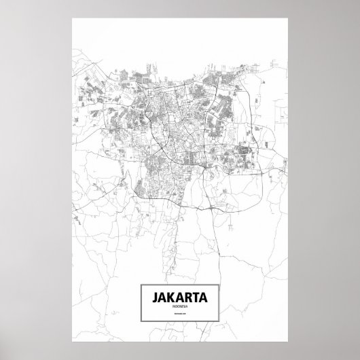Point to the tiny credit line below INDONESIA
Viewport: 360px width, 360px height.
(179, 314)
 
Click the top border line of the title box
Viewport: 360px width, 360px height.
(179, 284)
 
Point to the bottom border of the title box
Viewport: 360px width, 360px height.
(179, 320)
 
